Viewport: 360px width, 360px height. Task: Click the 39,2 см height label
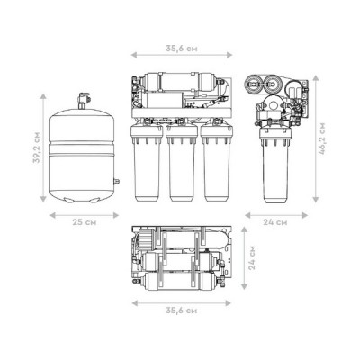point(36,147)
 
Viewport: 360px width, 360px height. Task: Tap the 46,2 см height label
point(322,139)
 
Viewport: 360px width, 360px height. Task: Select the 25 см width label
point(85,222)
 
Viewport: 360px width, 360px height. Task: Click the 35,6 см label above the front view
point(182,49)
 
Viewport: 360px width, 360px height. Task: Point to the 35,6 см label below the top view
point(182,310)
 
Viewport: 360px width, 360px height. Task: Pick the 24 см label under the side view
point(275,222)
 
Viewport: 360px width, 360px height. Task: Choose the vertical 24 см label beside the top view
point(252,257)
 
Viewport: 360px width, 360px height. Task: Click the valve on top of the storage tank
point(82,101)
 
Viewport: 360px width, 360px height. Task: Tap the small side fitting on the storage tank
point(116,181)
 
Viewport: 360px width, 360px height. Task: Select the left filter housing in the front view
point(147,163)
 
